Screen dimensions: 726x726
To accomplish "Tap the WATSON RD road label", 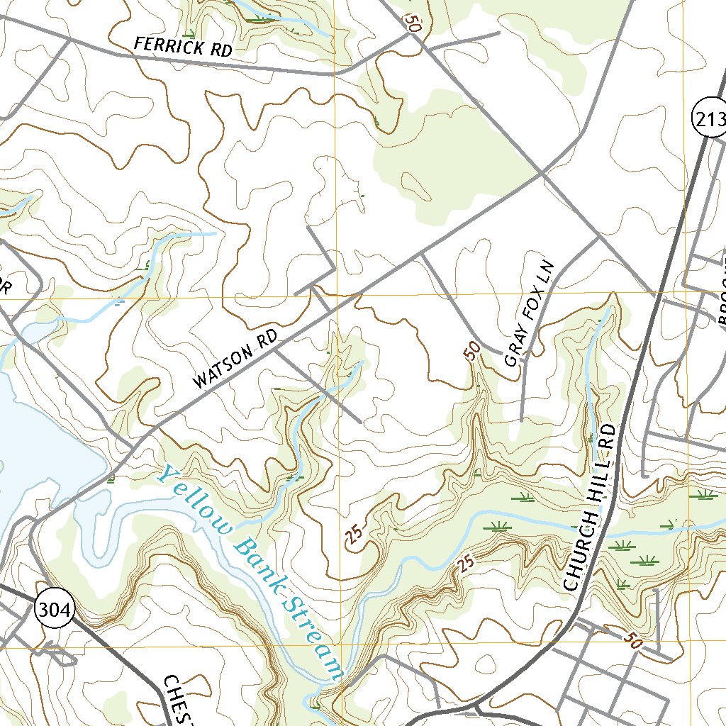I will [x=236, y=357].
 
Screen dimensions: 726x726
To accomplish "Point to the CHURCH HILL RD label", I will [x=591, y=508].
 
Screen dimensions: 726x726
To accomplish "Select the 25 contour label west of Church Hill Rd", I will [x=464, y=564].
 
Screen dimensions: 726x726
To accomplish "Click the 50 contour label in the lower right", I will [x=633, y=642].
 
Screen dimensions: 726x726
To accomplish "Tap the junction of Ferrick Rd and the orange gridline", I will [x=335, y=73].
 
